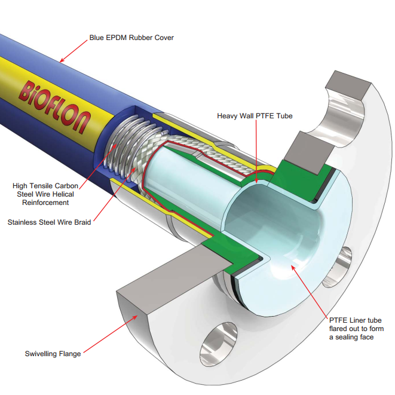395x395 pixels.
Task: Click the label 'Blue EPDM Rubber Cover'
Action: [131, 38]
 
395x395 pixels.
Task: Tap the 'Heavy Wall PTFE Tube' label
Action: [255, 115]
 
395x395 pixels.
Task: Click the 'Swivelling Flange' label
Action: [53, 354]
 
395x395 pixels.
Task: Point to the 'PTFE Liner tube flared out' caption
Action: [356, 329]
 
